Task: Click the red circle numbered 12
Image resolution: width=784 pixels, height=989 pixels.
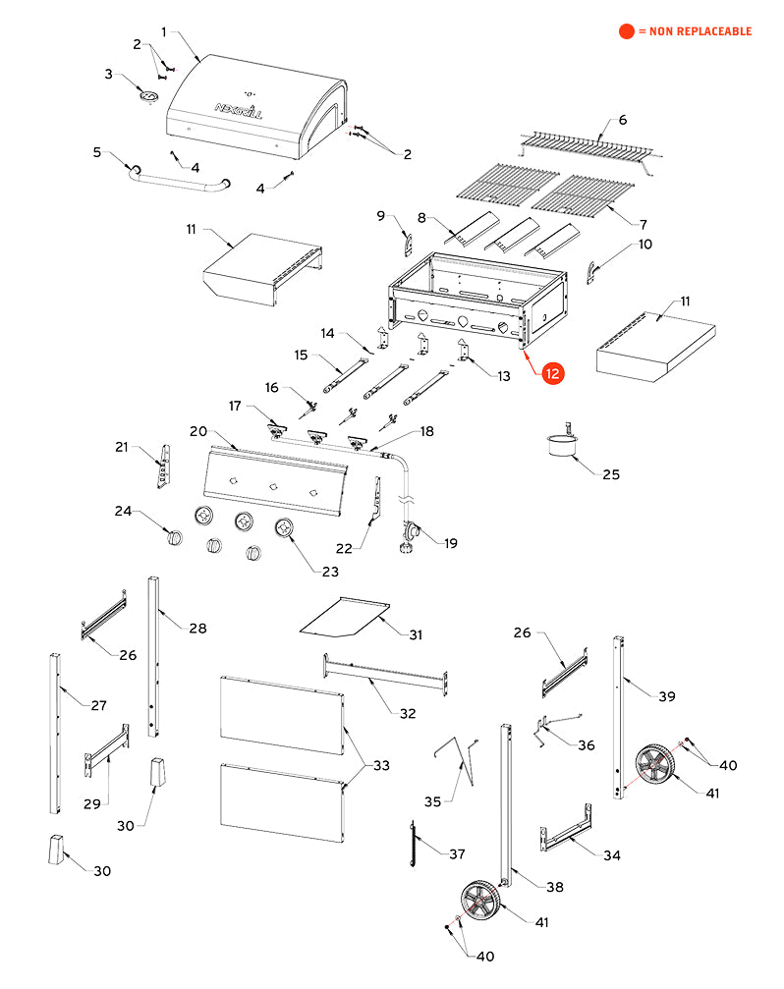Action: pyautogui.click(x=554, y=373)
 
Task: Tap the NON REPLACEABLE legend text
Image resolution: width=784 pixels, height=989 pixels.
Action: pyautogui.click(x=694, y=31)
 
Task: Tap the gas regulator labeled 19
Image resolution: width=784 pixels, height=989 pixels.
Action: pyautogui.click(x=411, y=535)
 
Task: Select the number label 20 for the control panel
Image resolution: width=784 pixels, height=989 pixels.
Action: pyautogui.click(x=197, y=431)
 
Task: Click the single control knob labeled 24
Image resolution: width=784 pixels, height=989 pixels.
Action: pyautogui.click(x=175, y=536)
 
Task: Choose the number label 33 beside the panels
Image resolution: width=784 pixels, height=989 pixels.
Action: pyautogui.click(x=381, y=765)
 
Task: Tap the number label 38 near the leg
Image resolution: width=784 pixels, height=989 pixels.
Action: pyautogui.click(x=555, y=887)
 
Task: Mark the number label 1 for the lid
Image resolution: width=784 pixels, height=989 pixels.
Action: pyautogui.click(x=163, y=32)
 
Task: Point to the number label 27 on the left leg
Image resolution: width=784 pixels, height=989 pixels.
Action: pyautogui.click(x=98, y=704)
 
